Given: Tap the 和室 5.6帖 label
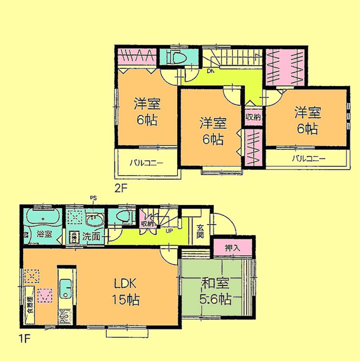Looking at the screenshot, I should click(x=215, y=292).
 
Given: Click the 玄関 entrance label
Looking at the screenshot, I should click(x=200, y=231).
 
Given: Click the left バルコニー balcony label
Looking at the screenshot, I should click(x=146, y=163).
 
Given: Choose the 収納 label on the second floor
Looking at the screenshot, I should click(x=253, y=117).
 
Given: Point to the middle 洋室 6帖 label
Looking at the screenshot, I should click(x=213, y=131).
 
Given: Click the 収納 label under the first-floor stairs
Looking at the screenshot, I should click(x=147, y=224).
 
